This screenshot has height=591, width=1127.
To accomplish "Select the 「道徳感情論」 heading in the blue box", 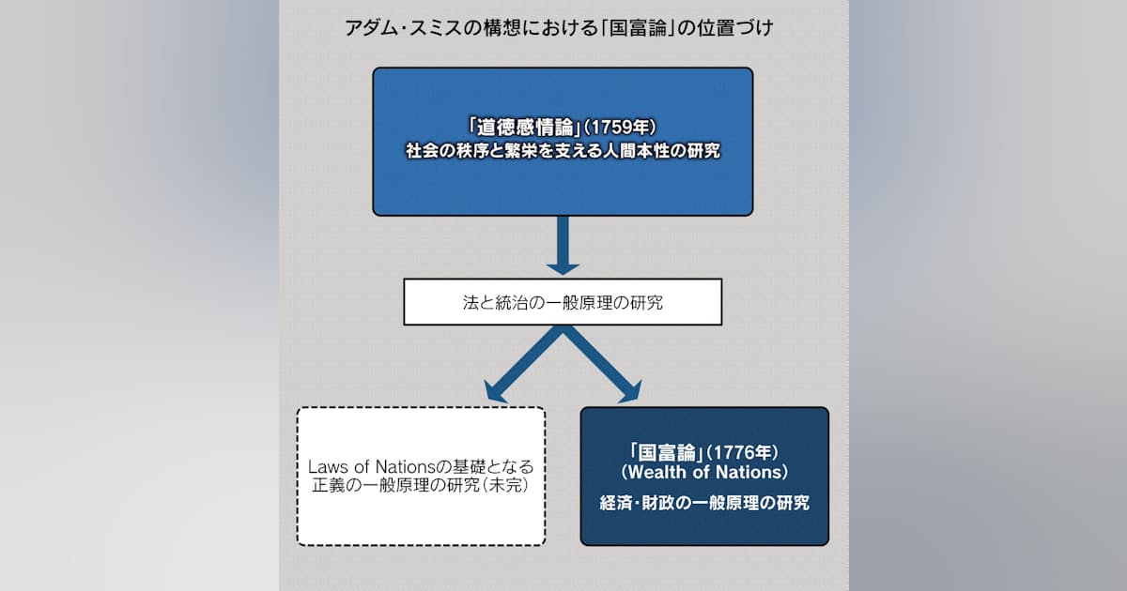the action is click(524, 128).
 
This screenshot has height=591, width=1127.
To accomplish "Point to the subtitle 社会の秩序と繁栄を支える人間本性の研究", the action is click(563, 151).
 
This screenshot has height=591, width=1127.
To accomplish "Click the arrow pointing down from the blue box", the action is click(563, 246).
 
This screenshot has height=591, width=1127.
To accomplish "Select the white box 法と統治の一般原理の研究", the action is click(563, 302).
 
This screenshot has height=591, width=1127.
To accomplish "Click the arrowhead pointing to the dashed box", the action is click(494, 393).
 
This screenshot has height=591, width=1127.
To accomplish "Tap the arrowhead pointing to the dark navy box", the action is click(631, 393).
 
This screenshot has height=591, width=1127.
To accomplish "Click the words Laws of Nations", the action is click(371, 467).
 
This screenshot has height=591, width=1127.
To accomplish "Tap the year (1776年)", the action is click(742, 453).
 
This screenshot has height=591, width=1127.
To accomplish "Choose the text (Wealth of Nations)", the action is click(704, 473).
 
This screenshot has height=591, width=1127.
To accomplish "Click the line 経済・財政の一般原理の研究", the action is click(704, 503).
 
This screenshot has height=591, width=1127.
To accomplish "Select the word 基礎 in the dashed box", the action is click(470, 467).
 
